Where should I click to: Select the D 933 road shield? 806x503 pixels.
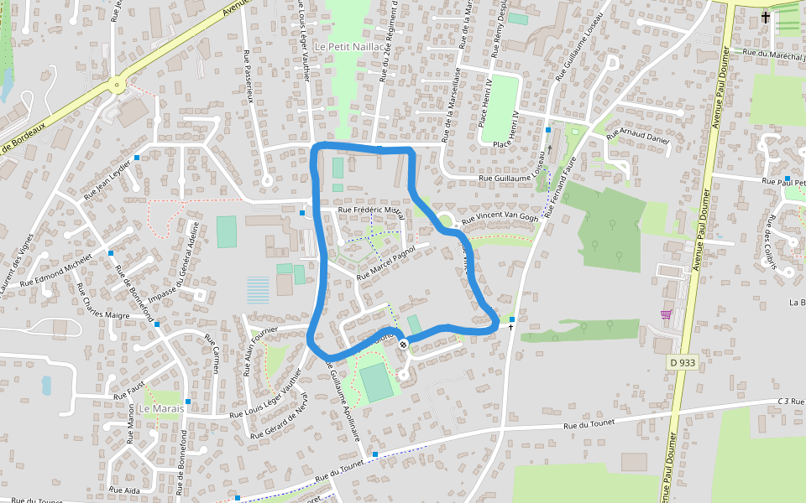[x=683, y=362]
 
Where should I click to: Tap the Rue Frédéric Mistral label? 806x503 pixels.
[x=370, y=210]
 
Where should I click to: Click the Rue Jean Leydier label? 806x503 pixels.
[x=108, y=178]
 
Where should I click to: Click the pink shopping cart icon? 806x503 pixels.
[x=666, y=314]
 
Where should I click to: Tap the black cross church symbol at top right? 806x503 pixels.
[x=765, y=17]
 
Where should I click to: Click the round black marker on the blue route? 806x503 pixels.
[x=403, y=344]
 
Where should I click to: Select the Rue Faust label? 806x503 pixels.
[x=131, y=389]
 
